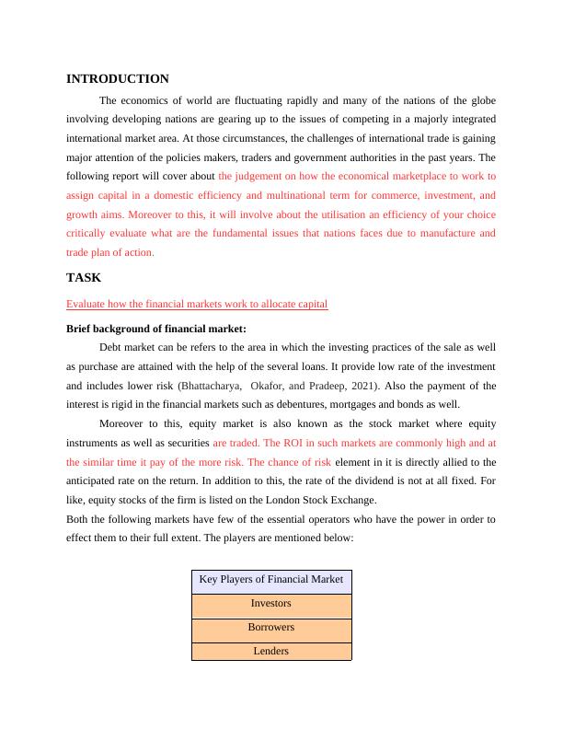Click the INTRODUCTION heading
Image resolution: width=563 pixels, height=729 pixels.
(118, 79)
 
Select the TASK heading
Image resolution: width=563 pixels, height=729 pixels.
(84, 277)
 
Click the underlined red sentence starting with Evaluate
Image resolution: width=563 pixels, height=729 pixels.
(198, 304)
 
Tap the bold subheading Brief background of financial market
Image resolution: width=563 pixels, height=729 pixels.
(156, 329)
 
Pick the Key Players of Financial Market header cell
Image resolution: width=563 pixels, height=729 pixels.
(271, 580)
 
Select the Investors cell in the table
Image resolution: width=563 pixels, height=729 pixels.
(271, 604)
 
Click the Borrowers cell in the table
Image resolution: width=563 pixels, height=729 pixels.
(271, 628)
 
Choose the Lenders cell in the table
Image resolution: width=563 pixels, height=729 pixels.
(271, 651)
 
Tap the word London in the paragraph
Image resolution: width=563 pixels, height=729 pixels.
(344, 500)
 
